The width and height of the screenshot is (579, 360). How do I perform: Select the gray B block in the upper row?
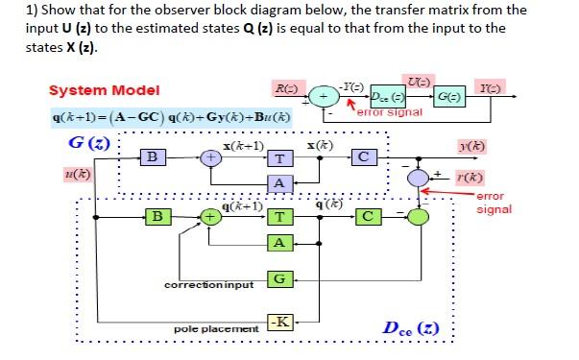(152, 156)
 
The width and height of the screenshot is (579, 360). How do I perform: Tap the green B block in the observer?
(152, 216)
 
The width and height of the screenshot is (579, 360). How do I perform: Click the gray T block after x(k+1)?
(278, 158)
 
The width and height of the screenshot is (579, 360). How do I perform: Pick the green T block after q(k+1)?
(278, 217)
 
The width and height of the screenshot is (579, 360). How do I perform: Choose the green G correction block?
(278, 278)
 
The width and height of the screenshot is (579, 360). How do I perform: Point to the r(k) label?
(470, 178)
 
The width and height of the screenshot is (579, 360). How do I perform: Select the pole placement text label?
(215, 328)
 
